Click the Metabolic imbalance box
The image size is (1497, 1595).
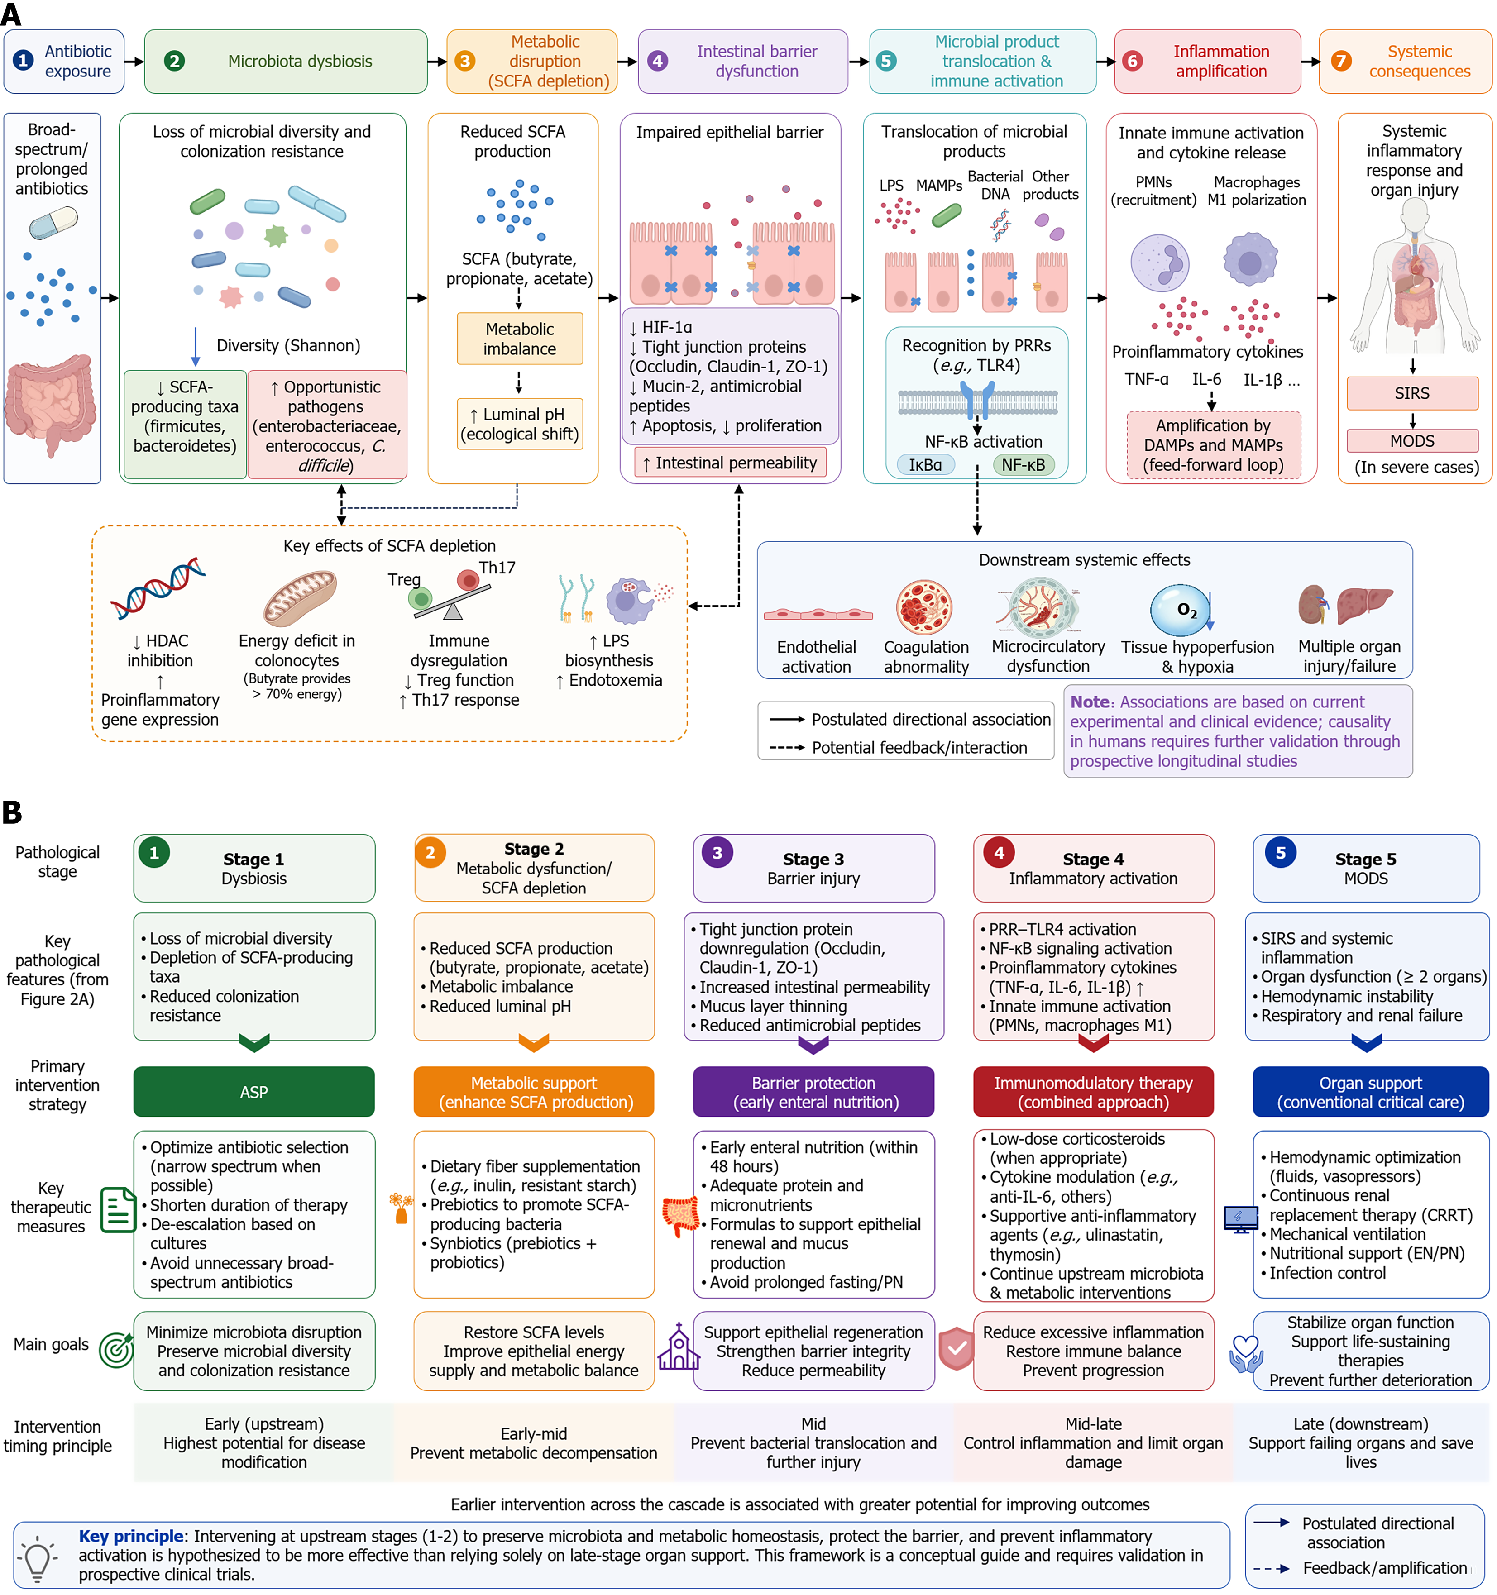click(519, 339)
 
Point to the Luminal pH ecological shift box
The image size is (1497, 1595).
click(519, 424)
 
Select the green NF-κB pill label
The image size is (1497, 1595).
click(1023, 464)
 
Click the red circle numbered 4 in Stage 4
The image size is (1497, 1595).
click(999, 853)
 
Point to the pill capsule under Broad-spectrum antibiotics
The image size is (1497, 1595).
click(54, 222)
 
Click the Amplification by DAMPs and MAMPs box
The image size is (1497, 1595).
click(1213, 445)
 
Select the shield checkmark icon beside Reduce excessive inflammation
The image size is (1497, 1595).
click(957, 1349)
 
